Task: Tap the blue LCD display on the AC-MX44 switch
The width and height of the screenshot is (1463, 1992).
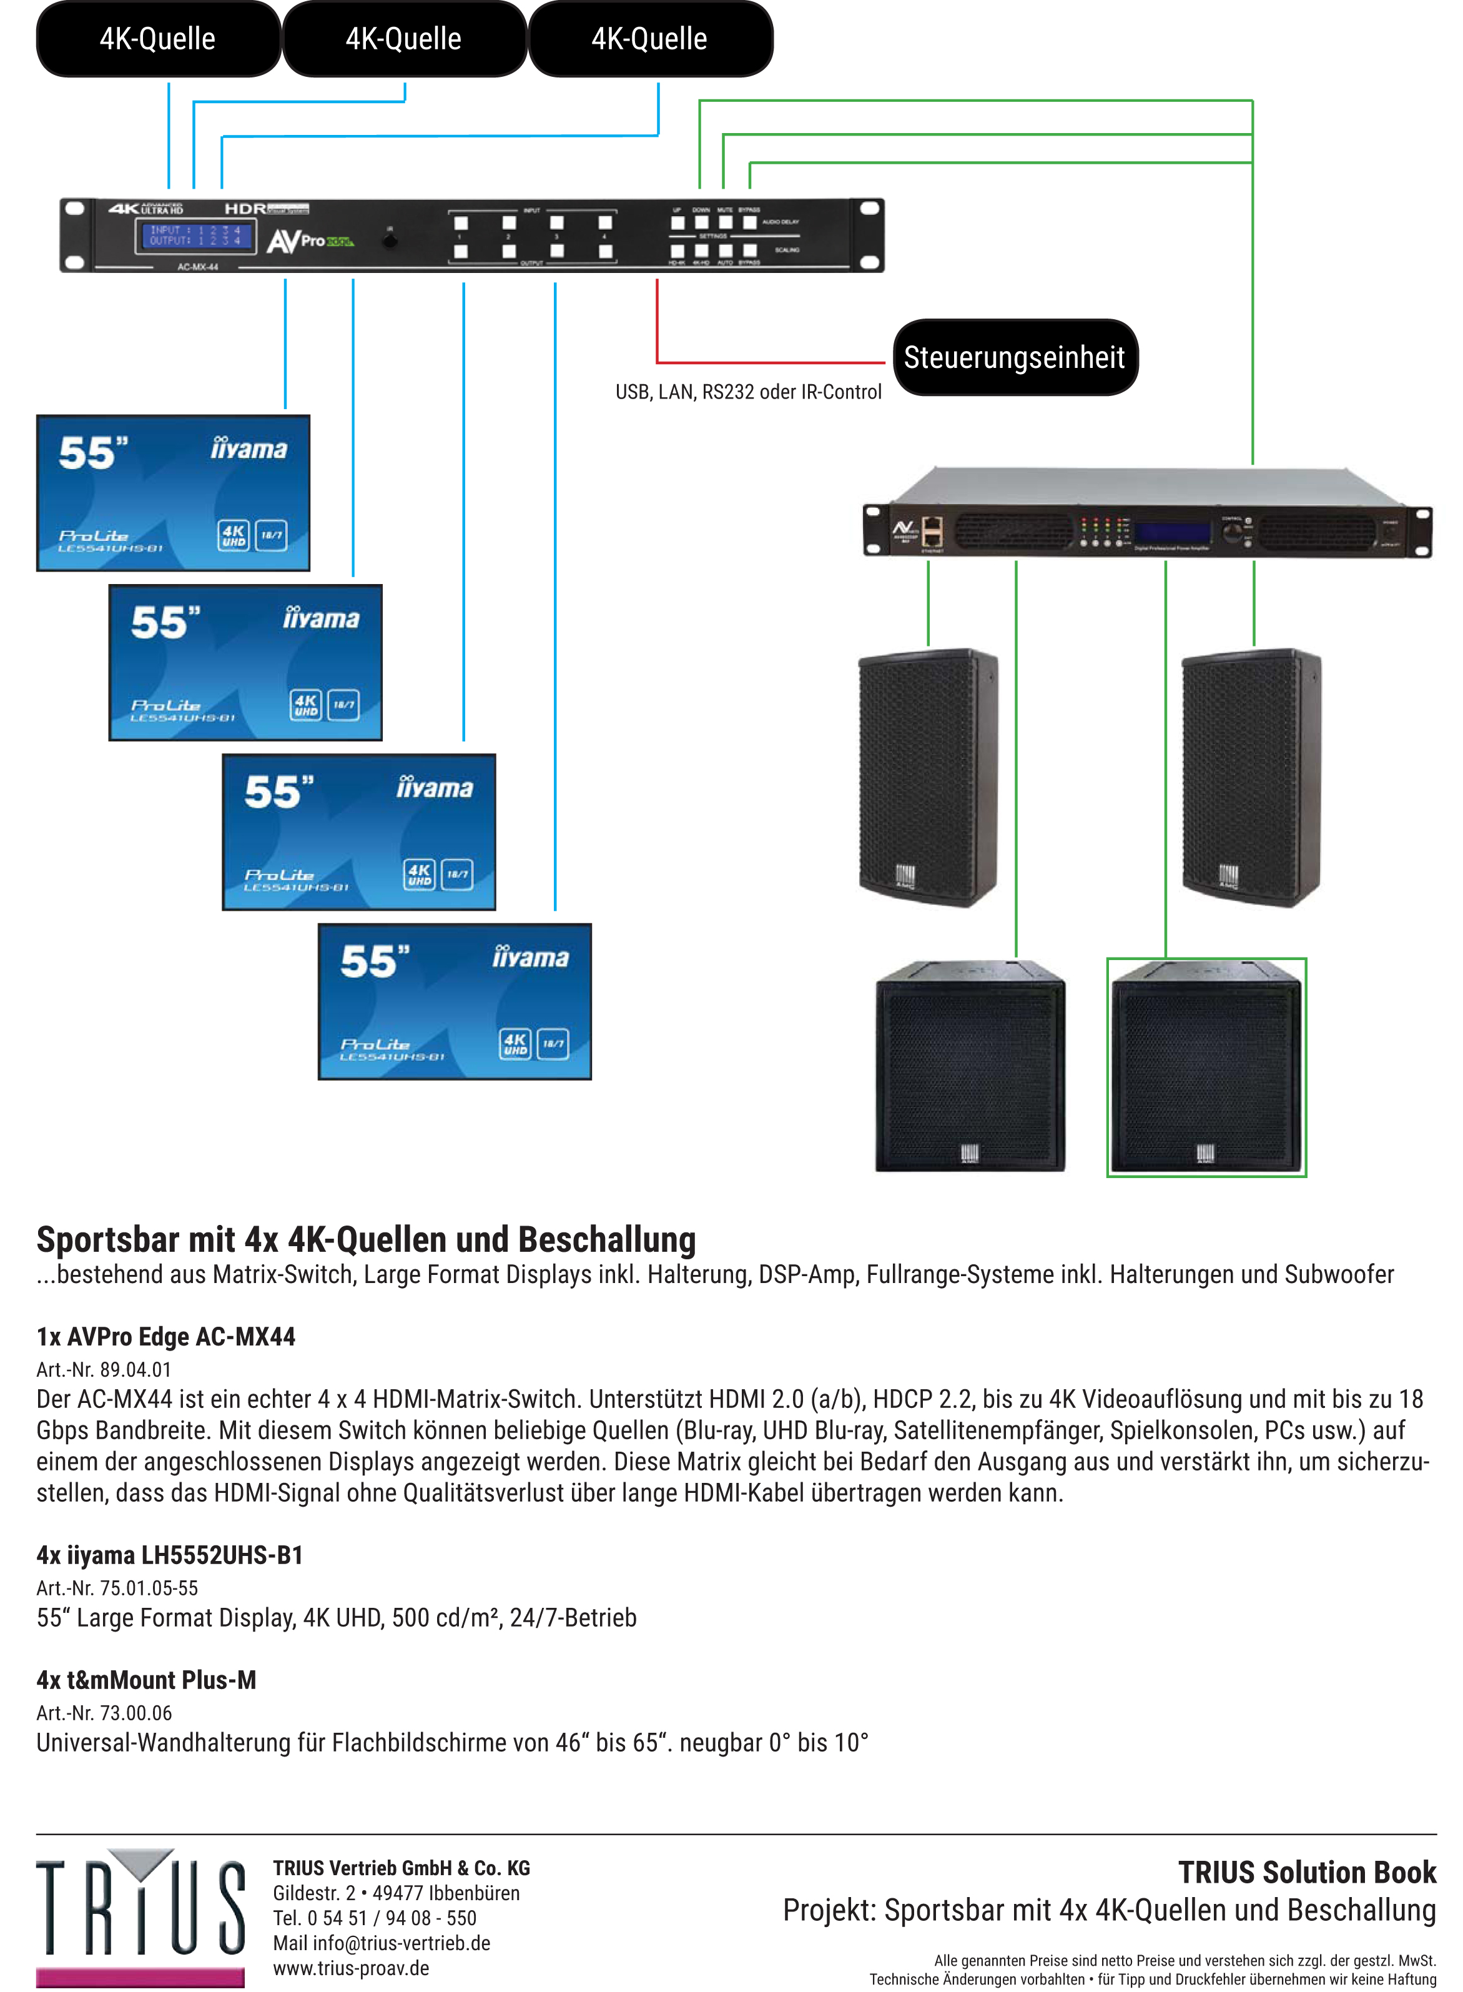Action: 195,235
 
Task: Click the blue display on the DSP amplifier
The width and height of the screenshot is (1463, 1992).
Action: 1173,532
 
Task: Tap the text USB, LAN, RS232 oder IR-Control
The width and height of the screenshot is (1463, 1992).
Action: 748,392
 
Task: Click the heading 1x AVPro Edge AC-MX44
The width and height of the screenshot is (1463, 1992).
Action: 165,1337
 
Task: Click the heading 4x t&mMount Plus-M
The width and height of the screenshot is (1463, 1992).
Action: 146,1680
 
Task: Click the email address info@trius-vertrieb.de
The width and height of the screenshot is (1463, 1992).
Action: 401,1943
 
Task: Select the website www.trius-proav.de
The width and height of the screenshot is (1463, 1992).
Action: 351,1968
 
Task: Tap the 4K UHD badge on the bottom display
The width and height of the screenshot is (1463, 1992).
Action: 515,1043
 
